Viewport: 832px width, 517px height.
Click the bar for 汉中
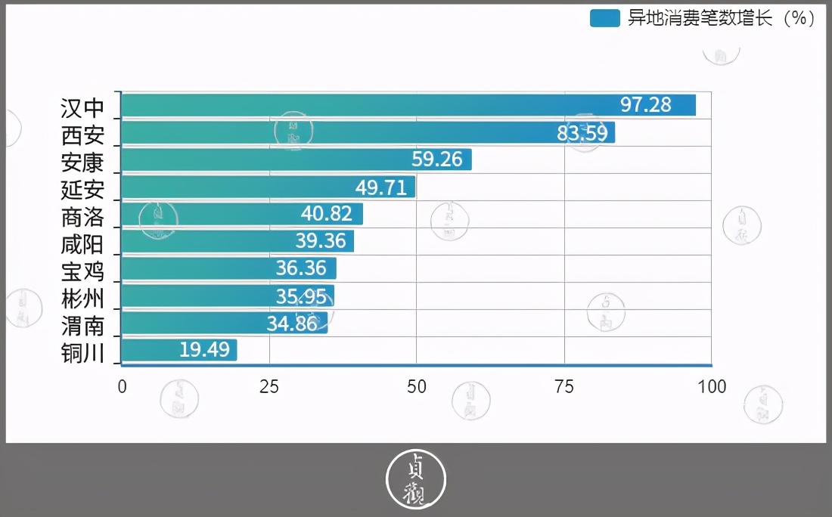(x=408, y=105)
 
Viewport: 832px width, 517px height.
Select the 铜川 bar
(x=179, y=350)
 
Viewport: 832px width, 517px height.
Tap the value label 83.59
(x=582, y=132)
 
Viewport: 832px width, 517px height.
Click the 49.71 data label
(x=381, y=187)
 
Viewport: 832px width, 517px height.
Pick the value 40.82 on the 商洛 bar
(x=327, y=214)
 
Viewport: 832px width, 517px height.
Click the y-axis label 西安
(x=82, y=135)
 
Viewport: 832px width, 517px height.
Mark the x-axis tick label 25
(x=269, y=386)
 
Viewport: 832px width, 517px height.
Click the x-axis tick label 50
(x=417, y=386)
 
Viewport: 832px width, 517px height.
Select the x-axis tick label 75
(x=564, y=386)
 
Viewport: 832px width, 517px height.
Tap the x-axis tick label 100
(x=711, y=386)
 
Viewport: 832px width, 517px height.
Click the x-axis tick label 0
(x=122, y=386)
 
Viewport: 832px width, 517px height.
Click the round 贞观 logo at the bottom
(x=416, y=479)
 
